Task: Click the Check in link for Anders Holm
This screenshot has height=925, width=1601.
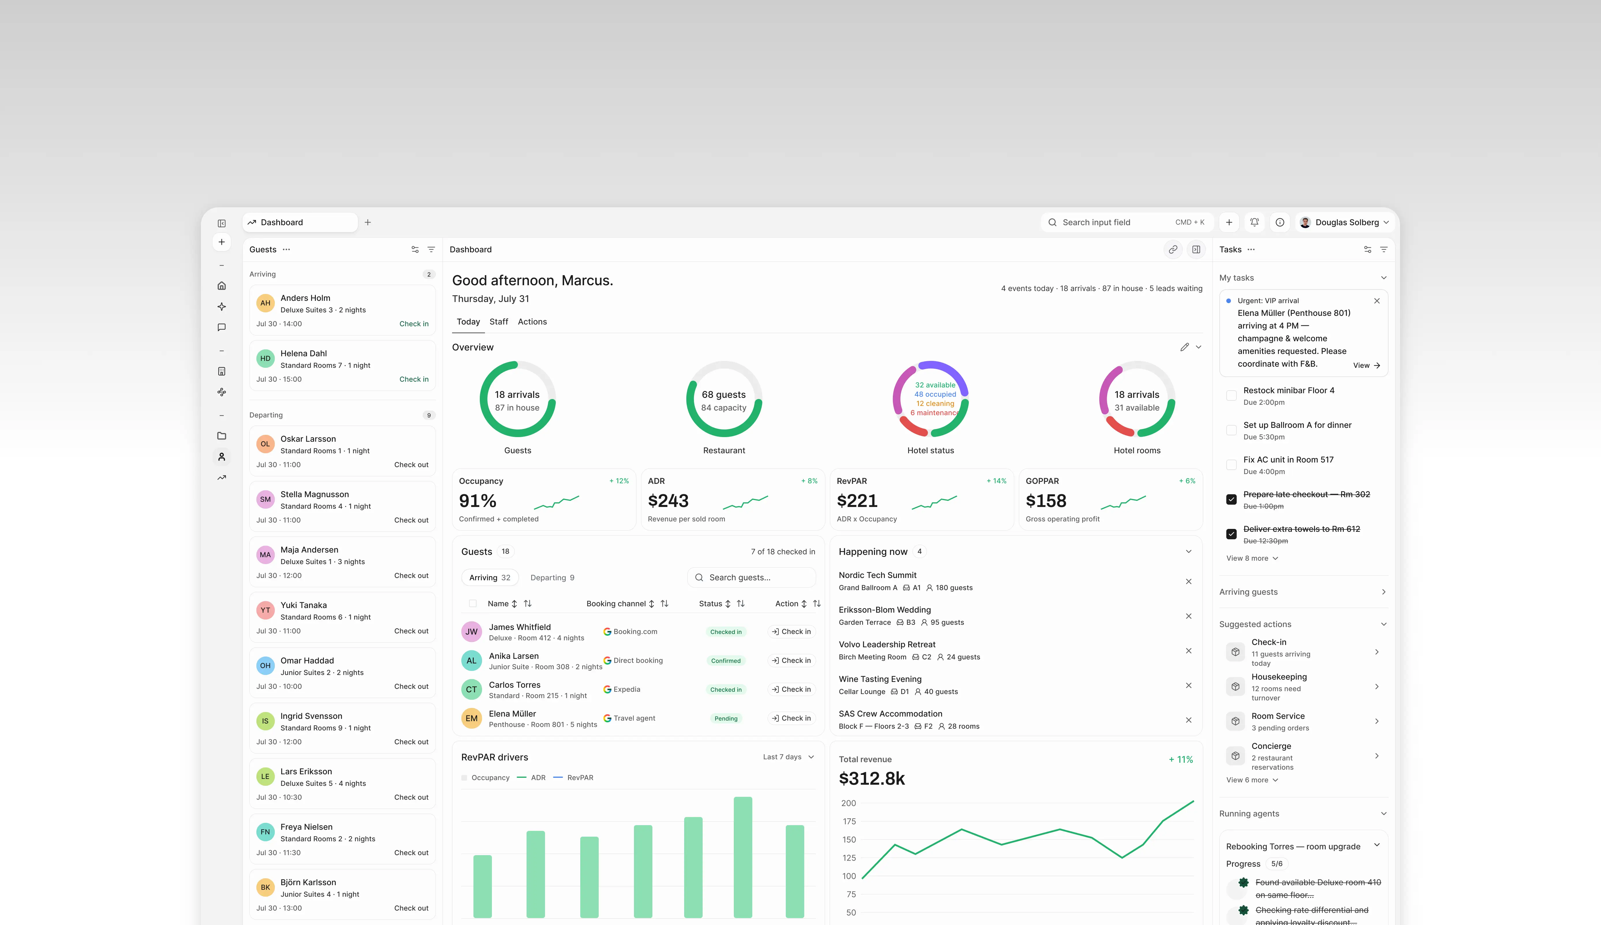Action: point(413,324)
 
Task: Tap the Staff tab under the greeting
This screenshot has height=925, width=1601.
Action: point(499,322)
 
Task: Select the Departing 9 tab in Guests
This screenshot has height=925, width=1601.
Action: point(552,577)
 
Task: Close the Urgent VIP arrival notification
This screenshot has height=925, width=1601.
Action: point(1377,301)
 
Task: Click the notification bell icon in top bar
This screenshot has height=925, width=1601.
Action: point(1254,222)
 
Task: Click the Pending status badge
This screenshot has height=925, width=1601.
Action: point(726,719)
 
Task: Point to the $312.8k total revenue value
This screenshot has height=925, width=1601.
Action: point(871,779)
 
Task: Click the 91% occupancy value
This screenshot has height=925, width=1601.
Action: point(477,501)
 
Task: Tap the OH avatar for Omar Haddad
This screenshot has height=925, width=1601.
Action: point(266,666)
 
